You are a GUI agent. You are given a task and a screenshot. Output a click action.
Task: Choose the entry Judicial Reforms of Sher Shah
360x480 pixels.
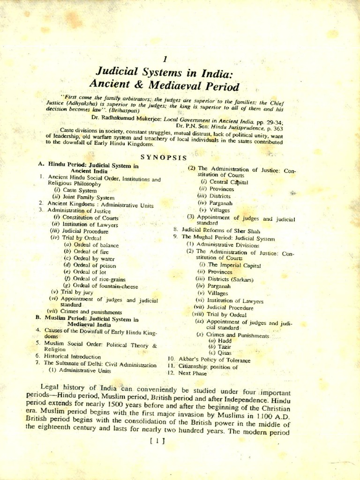coord(221,231)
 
